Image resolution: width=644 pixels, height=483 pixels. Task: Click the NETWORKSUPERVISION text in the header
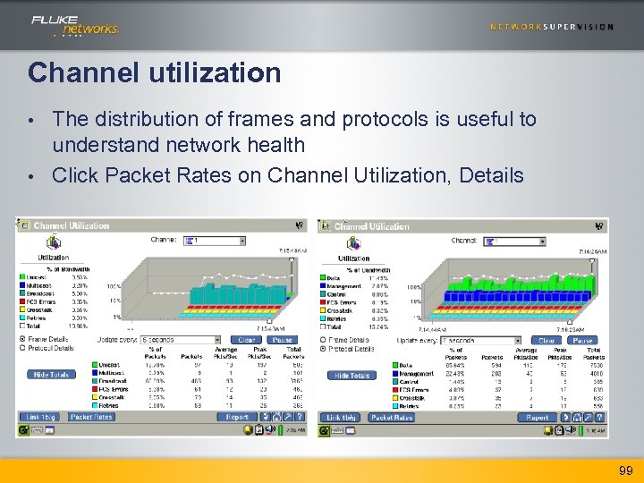[x=551, y=27]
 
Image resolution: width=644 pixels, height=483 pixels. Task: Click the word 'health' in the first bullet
[x=272, y=145]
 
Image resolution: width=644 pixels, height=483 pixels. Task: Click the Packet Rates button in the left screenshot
[x=91, y=417]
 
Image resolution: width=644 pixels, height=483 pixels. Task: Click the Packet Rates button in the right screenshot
[x=392, y=418]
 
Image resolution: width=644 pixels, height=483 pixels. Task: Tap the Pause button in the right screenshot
[x=582, y=341]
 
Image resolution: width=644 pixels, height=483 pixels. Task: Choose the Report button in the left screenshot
[x=237, y=417]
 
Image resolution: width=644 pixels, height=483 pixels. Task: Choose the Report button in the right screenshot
[x=538, y=418]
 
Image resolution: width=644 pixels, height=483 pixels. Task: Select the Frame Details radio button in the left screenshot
[x=22, y=340]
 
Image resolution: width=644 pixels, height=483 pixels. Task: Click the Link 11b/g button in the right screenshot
[x=341, y=418]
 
